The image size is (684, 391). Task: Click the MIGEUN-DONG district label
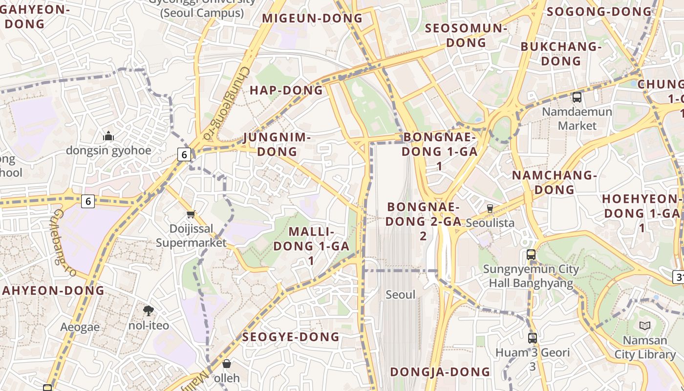click(x=313, y=19)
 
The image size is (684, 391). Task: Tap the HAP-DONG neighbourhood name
click(x=286, y=90)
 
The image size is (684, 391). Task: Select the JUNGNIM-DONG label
click(x=277, y=144)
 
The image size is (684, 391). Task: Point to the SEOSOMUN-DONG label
click(x=466, y=35)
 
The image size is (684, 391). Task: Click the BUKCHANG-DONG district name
click(x=561, y=54)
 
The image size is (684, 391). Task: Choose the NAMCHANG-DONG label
click(x=554, y=182)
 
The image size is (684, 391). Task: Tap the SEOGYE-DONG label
click(x=291, y=337)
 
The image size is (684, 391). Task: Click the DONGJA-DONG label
click(x=440, y=372)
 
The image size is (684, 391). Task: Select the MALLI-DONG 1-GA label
click(x=311, y=246)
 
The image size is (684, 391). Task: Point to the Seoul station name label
click(x=400, y=295)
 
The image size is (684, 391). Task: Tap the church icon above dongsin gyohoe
click(x=108, y=136)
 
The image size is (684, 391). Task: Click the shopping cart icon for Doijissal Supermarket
click(x=191, y=214)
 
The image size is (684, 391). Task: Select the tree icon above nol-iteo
click(x=149, y=310)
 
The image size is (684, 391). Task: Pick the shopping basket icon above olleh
click(x=227, y=364)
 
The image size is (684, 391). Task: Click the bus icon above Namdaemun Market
click(x=577, y=97)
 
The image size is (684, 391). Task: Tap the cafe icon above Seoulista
click(x=490, y=208)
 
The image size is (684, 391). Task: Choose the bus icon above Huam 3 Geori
click(x=533, y=337)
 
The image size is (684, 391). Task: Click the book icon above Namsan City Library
click(x=645, y=326)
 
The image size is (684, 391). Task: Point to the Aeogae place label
click(x=80, y=327)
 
